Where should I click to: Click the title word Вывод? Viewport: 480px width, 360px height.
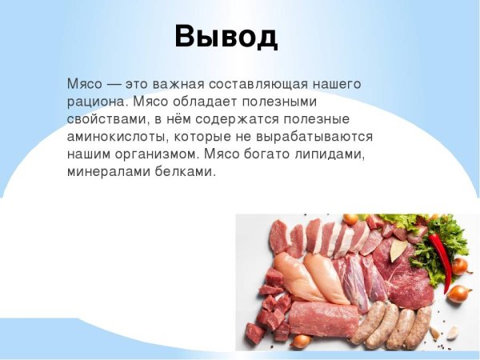click(x=226, y=36)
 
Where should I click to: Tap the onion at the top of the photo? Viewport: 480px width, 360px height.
click(x=350, y=218)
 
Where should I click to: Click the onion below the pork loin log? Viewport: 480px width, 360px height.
click(x=301, y=341)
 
